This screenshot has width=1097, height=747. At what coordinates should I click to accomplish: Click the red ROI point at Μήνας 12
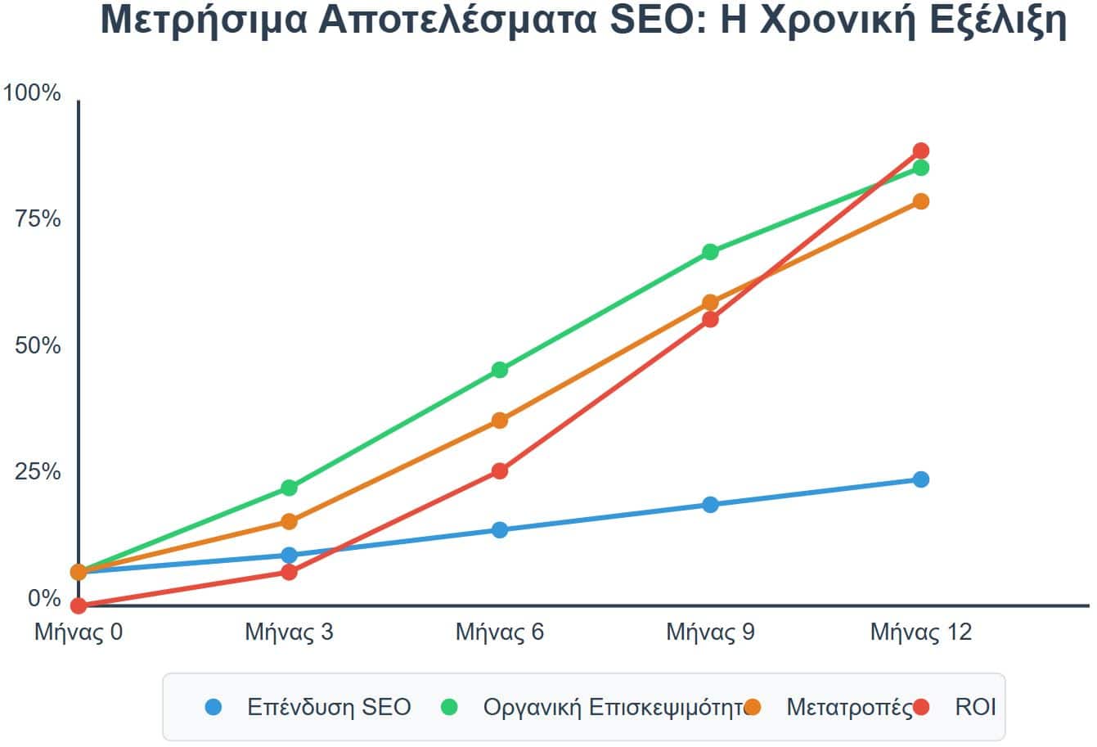pyautogui.click(x=920, y=151)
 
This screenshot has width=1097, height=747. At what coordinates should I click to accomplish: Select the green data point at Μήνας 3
pyautogui.click(x=289, y=488)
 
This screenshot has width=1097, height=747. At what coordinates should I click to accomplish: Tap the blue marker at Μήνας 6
pyautogui.click(x=500, y=530)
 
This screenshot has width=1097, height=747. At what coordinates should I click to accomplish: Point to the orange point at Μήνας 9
pyautogui.click(x=710, y=303)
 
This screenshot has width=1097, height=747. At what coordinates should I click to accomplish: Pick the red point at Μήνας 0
pyautogui.click(x=79, y=605)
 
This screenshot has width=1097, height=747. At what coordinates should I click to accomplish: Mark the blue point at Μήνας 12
pyautogui.click(x=920, y=479)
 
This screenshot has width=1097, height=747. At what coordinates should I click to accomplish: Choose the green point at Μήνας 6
pyautogui.click(x=500, y=370)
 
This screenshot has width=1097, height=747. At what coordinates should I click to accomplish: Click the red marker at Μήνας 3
pyautogui.click(x=289, y=572)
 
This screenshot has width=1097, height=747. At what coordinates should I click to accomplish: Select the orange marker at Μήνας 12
pyautogui.click(x=920, y=201)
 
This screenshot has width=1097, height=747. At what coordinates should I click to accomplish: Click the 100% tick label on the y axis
pyautogui.click(x=33, y=93)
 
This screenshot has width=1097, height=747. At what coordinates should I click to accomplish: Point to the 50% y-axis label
pyautogui.click(x=38, y=346)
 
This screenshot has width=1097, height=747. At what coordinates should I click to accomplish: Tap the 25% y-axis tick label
pyautogui.click(x=38, y=472)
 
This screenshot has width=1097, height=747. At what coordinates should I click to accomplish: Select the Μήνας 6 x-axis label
pyautogui.click(x=500, y=632)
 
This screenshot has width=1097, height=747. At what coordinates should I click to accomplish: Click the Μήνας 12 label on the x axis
pyautogui.click(x=920, y=632)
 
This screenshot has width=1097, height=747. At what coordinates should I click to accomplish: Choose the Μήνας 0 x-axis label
pyautogui.click(x=79, y=632)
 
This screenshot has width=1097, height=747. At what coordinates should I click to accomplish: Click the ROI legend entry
pyautogui.click(x=975, y=707)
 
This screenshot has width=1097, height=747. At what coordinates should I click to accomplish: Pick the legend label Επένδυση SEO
pyautogui.click(x=329, y=707)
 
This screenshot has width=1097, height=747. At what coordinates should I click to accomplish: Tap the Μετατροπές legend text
pyautogui.click(x=849, y=707)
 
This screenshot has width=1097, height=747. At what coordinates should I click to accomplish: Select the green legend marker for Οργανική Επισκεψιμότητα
pyautogui.click(x=449, y=707)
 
